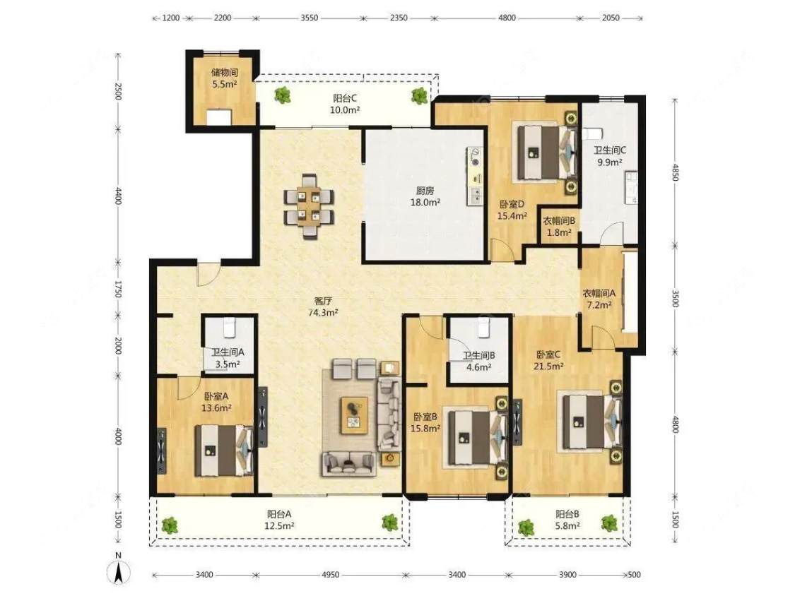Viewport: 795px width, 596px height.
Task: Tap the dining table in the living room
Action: point(309,207)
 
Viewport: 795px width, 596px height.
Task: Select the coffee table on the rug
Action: point(355,416)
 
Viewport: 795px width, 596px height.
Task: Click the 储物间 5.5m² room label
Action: point(225,78)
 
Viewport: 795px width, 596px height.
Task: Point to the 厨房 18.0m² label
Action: point(425,196)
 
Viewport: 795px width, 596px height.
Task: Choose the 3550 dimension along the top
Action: point(310,18)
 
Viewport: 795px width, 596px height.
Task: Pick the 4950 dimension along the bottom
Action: point(330,575)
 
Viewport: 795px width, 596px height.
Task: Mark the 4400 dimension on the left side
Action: point(118,196)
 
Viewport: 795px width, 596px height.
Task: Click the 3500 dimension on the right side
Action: point(675,299)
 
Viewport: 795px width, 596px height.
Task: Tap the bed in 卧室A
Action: point(224,451)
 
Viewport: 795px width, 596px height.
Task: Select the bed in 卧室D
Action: point(546,151)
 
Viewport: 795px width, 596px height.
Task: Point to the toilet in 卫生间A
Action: point(229,327)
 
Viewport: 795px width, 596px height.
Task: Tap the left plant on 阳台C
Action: point(282,95)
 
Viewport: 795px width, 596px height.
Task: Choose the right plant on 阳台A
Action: point(389,522)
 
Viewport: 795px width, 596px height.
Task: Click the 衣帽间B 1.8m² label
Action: point(559,227)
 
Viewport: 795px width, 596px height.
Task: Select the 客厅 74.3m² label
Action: point(323,306)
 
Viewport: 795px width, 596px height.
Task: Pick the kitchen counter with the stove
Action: point(475,177)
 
